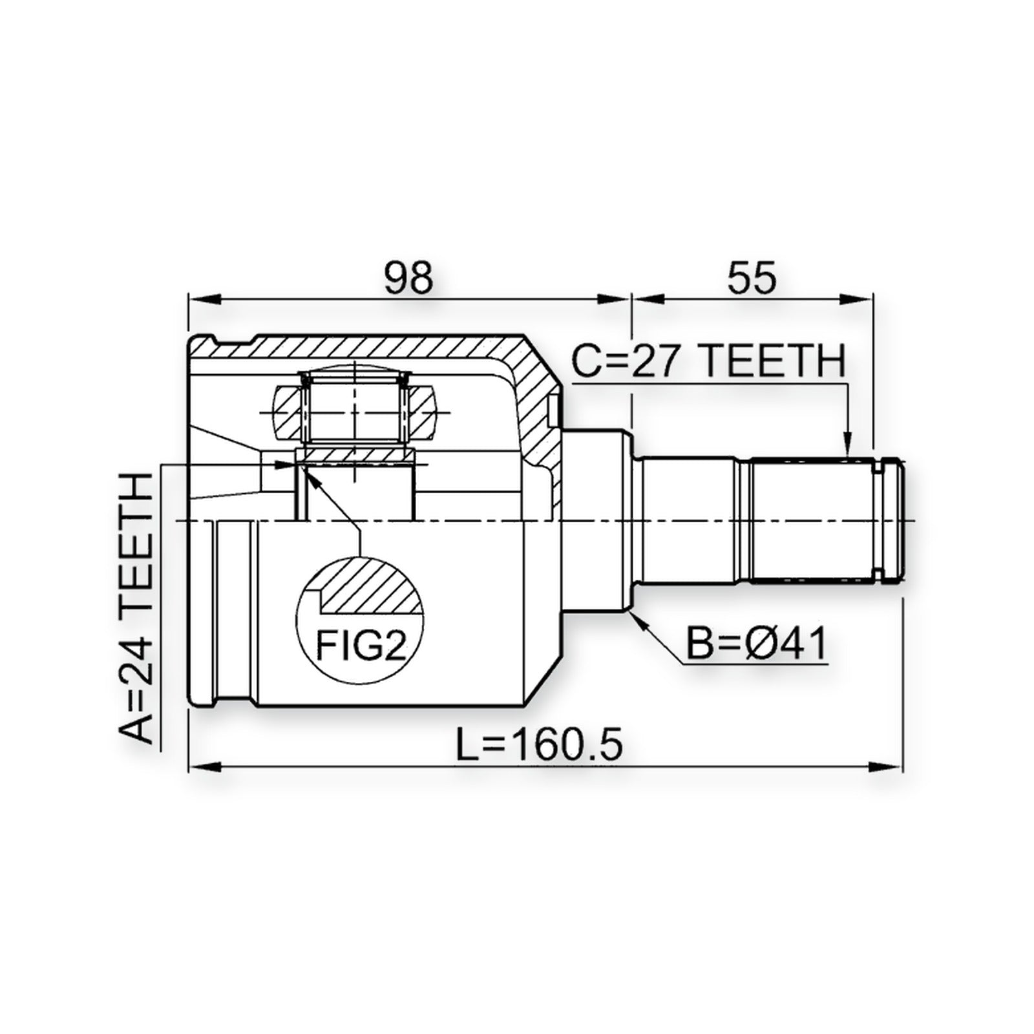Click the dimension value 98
click(x=408, y=279)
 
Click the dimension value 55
click(x=752, y=279)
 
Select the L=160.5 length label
click(x=539, y=744)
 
